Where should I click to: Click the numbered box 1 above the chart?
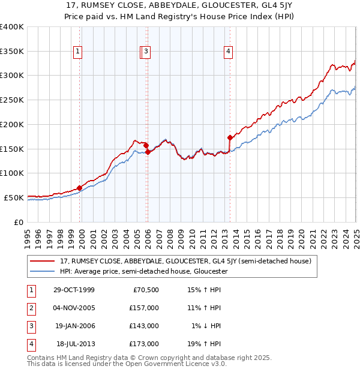click(78, 52)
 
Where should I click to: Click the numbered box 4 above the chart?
click(228, 52)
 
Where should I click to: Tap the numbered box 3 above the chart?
click(146, 52)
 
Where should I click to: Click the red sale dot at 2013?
click(230, 137)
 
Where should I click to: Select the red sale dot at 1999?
click(80, 187)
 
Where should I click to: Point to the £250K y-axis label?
click(12, 100)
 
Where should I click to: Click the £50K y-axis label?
click(14, 197)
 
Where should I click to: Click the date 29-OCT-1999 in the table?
click(74, 290)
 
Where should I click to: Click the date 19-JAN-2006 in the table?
click(74, 326)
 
